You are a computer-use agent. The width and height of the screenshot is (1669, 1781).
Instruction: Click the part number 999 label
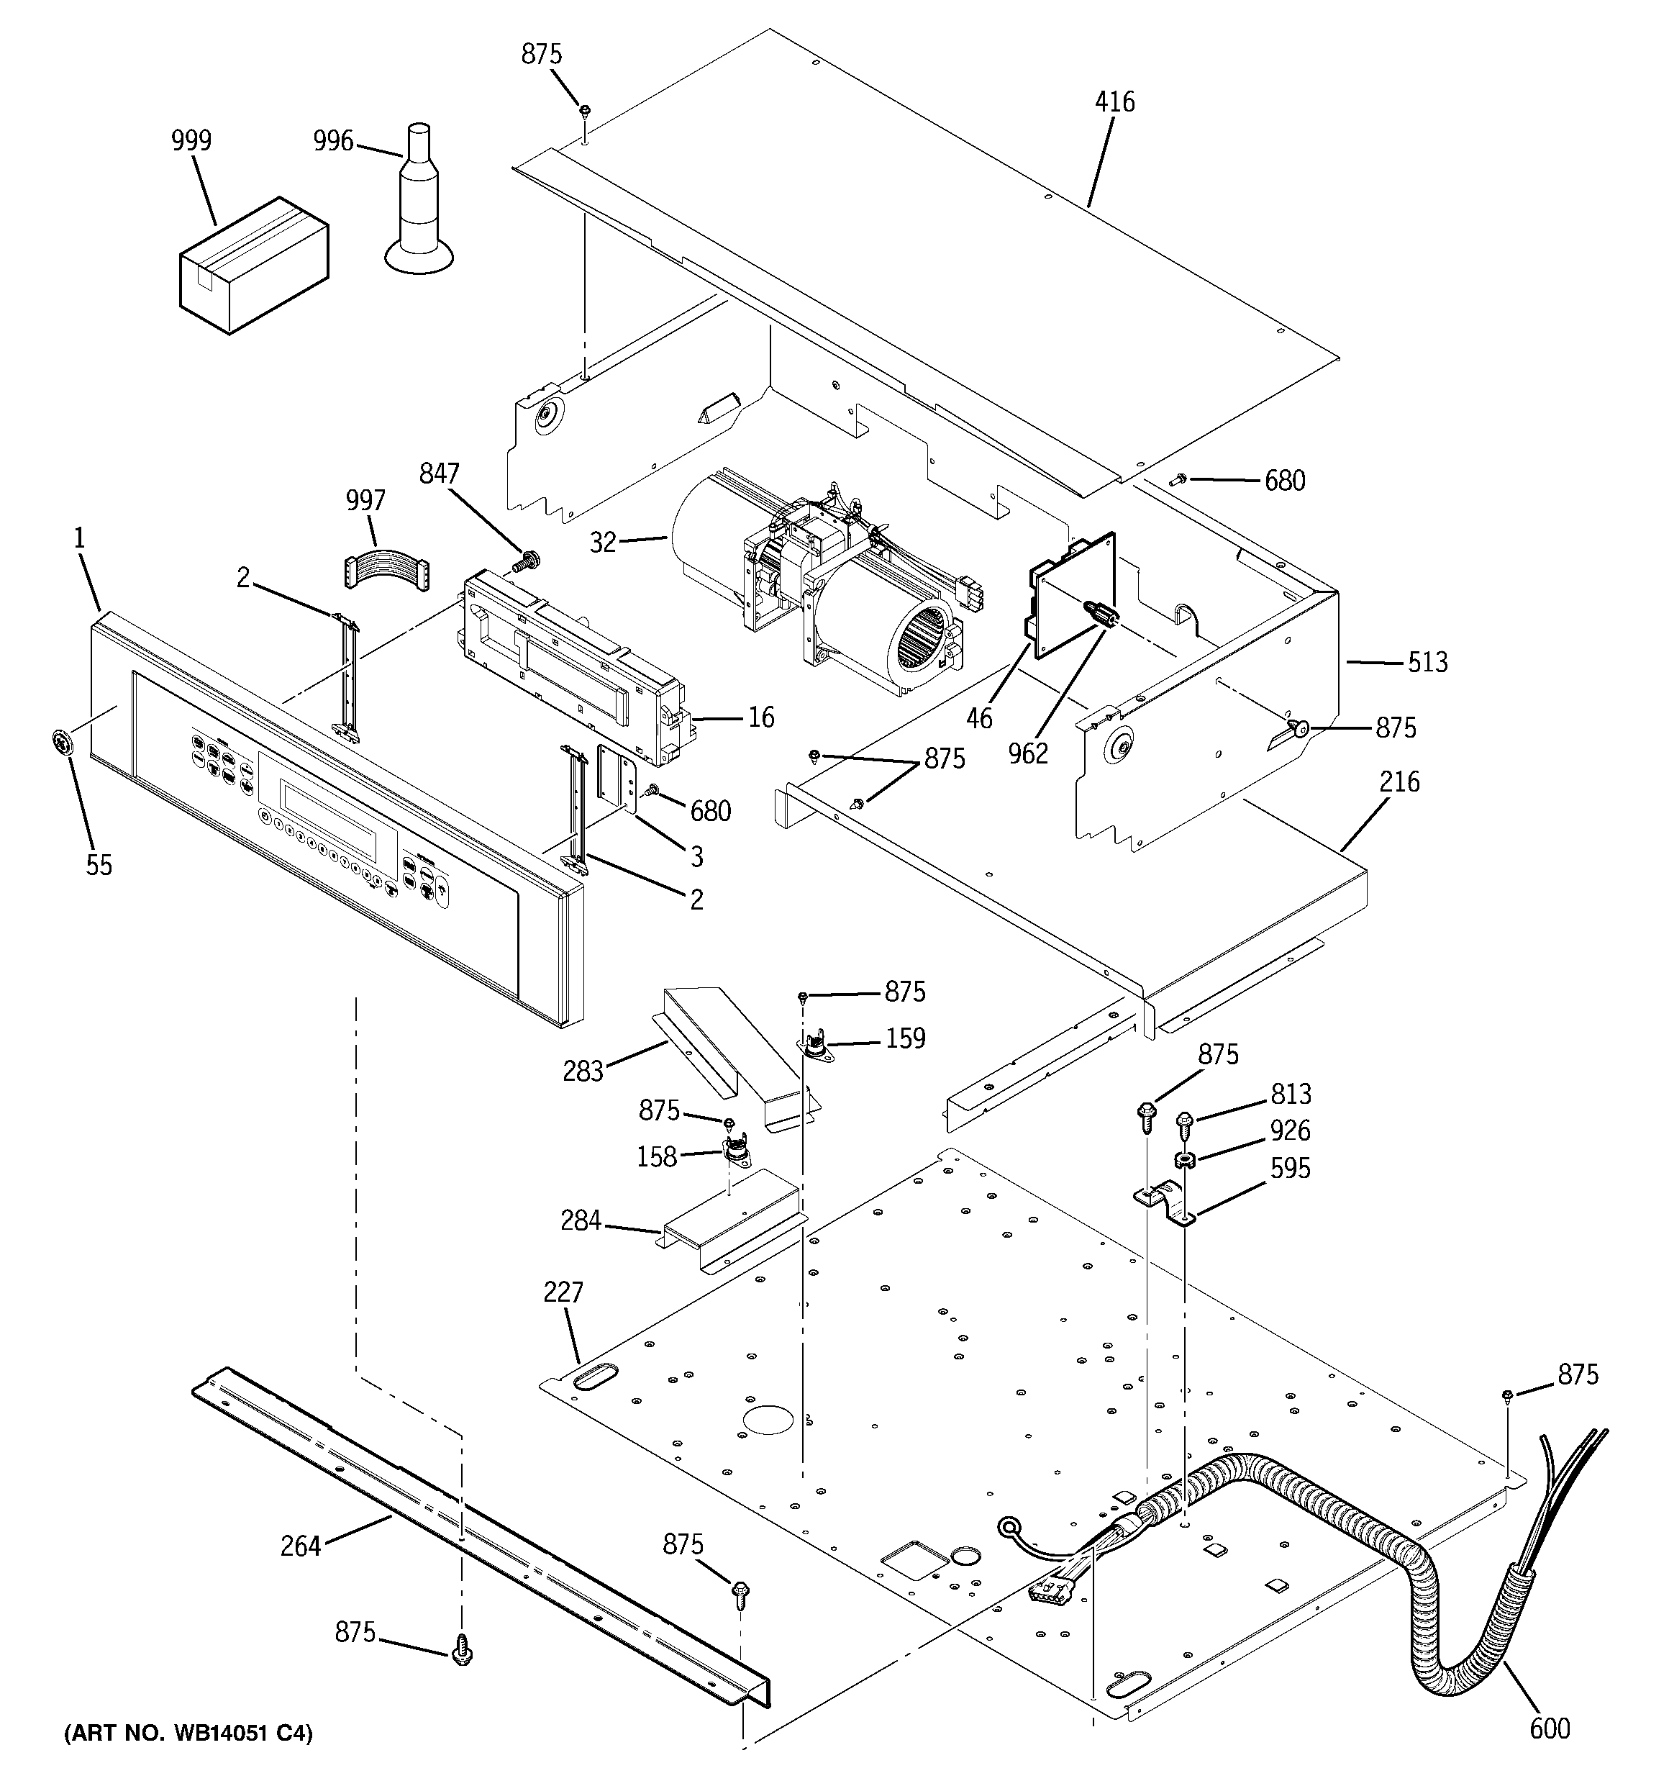[x=191, y=140]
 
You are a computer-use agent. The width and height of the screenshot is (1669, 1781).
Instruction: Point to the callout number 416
[x=1114, y=101]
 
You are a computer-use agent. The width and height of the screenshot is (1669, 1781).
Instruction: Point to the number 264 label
[x=300, y=1546]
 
